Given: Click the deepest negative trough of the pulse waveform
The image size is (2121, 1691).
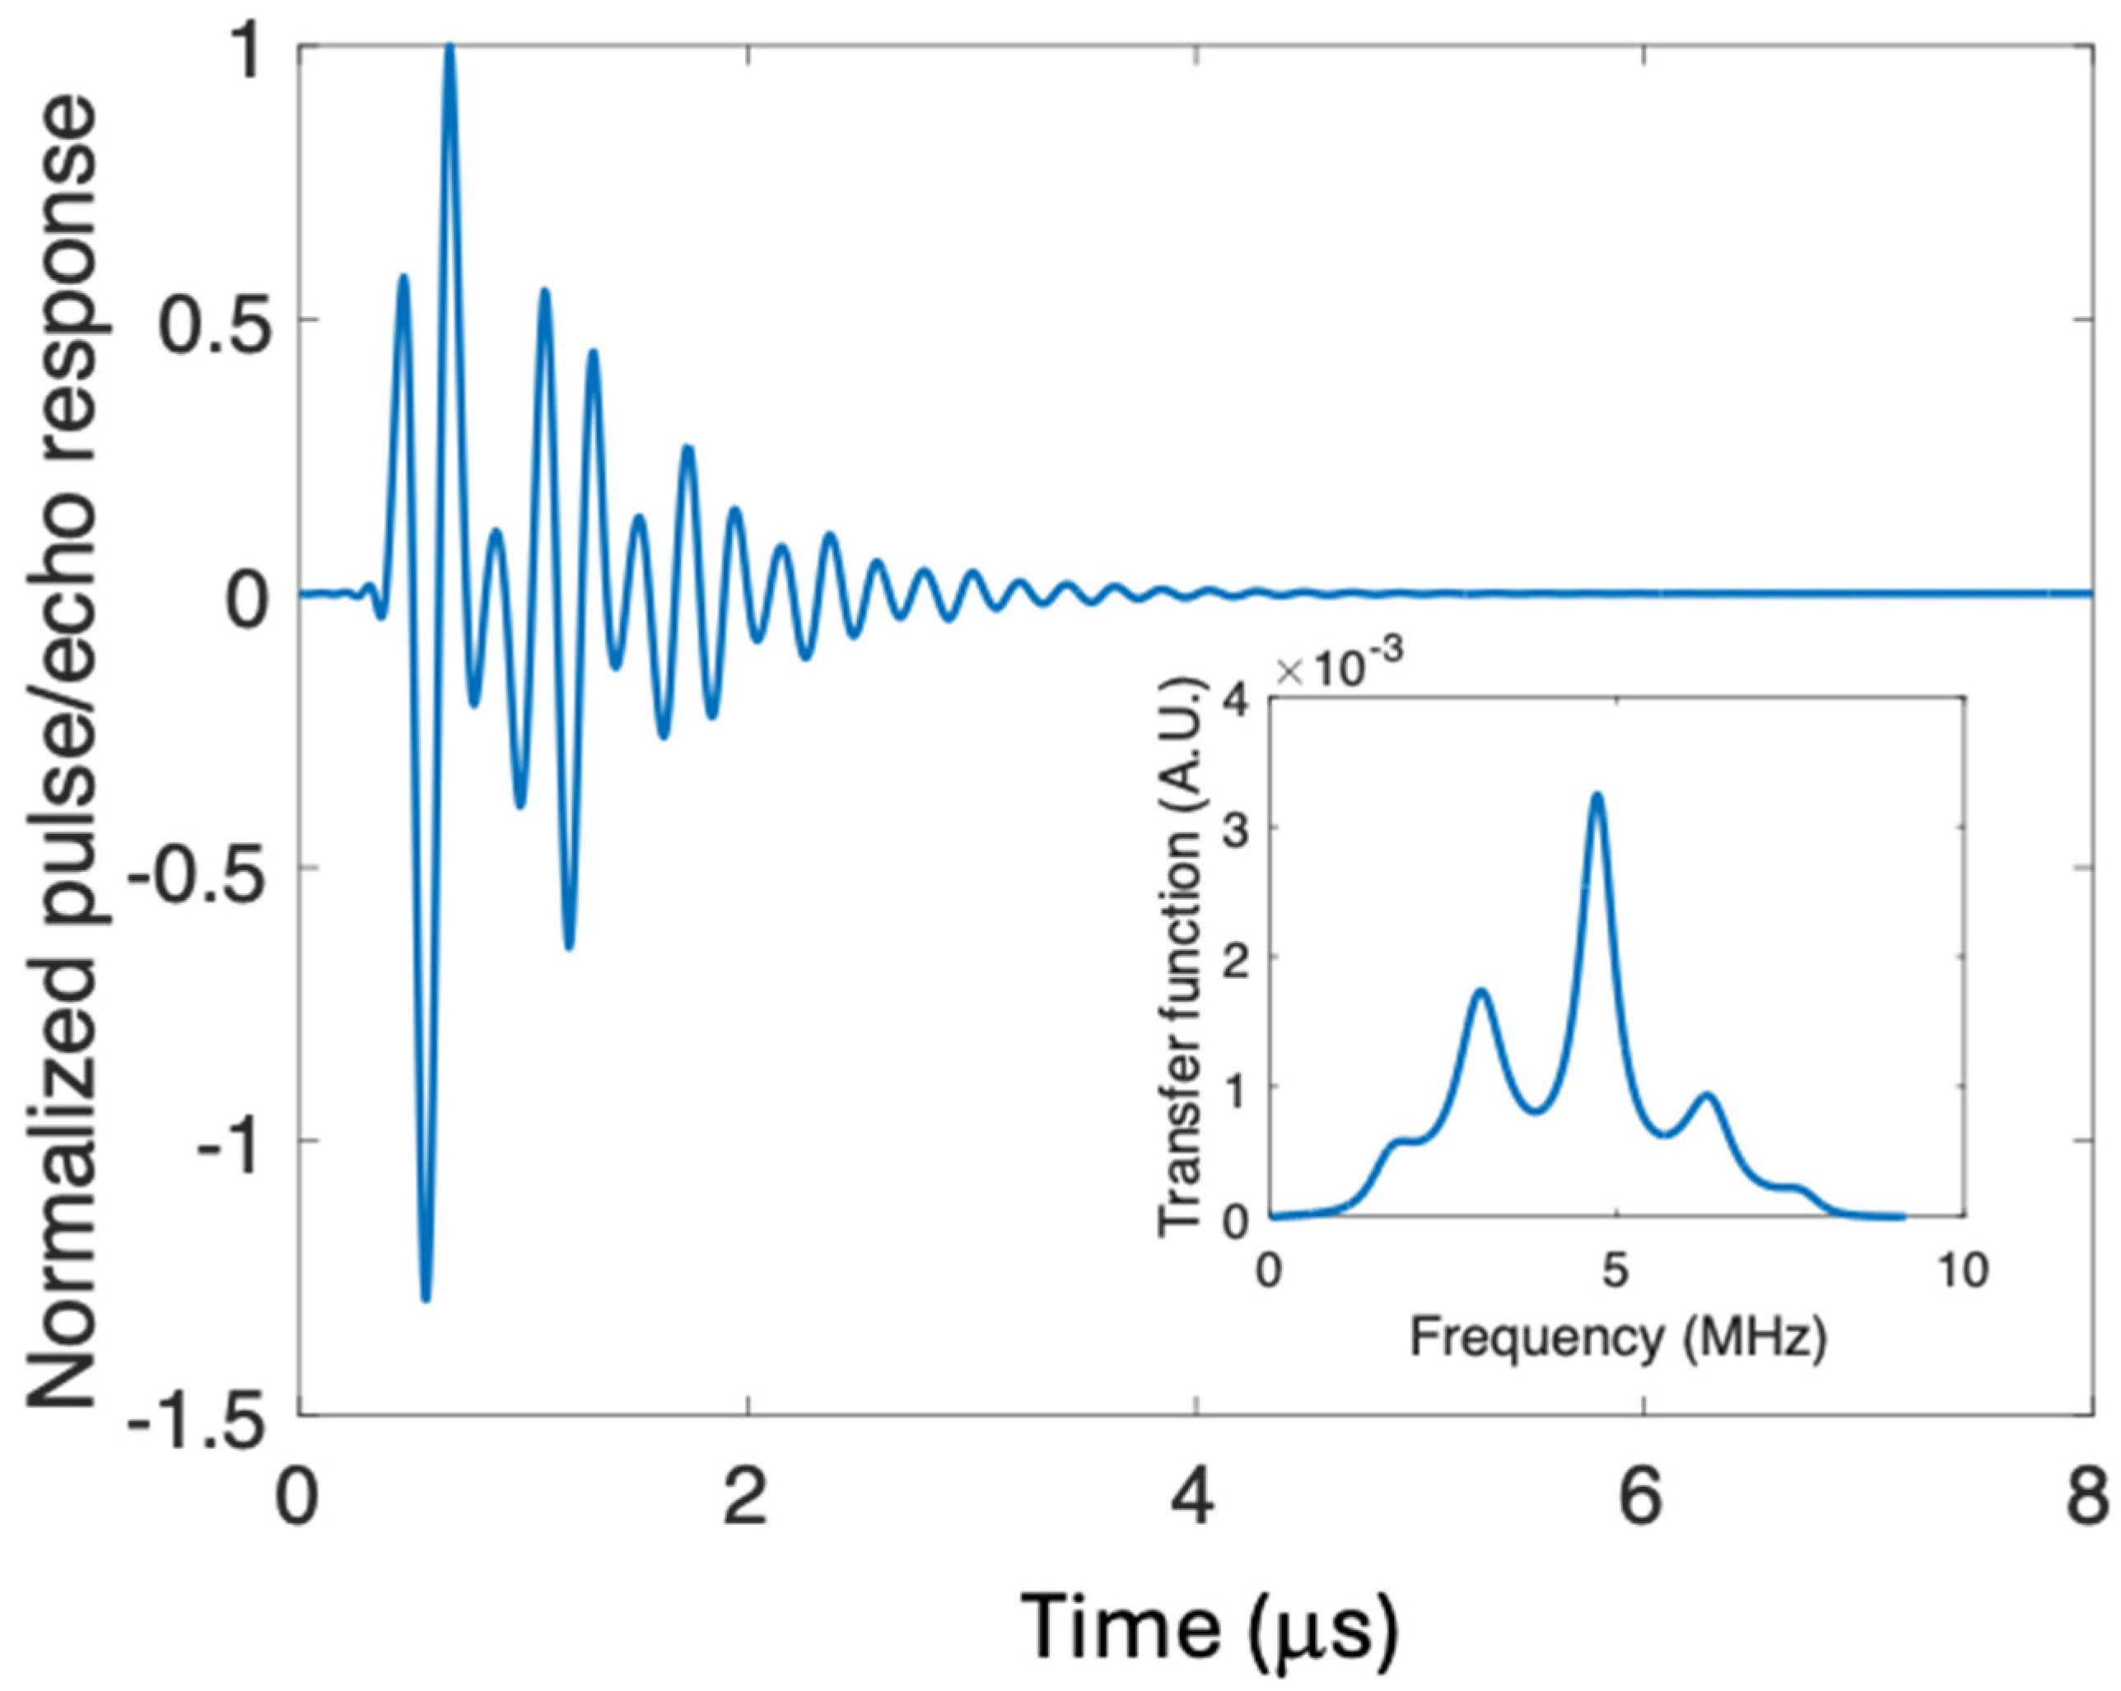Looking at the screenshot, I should [425, 1297].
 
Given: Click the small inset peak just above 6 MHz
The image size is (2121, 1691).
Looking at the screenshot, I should [1708, 1096].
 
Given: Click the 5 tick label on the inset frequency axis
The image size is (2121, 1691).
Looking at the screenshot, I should [1615, 1271].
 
